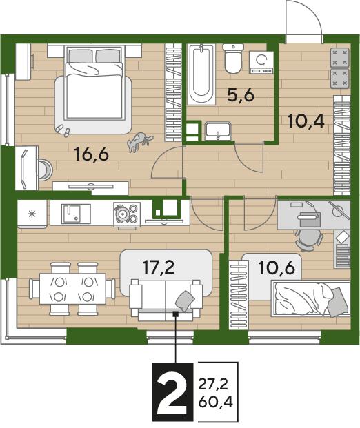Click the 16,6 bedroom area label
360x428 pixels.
(x=92, y=154)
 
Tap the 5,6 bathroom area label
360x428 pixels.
(x=241, y=95)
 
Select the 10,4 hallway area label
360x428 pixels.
(x=306, y=121)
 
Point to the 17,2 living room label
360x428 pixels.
(x=159, y=267)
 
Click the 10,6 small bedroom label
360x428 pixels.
(x=277, y=268)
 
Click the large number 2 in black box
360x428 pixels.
(x=172, y=392)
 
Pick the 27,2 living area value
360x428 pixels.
(x=213, y=385)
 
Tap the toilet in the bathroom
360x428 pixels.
(x=233, y=58)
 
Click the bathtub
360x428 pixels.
(x=201, y=74)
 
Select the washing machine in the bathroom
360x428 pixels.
(x=261, y=63)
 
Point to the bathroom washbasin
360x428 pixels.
(x=218, y=131)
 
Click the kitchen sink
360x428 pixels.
(x=71, y=214)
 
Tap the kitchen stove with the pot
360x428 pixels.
(x=127, y=215)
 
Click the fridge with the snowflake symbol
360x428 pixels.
(x=32, y=214)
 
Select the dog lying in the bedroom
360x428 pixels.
(x=139, y=141)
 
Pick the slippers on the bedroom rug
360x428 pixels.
(x=63, y=130)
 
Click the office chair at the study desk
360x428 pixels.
(x=309, y=239)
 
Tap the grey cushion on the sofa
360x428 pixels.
(x=185, y=300)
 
